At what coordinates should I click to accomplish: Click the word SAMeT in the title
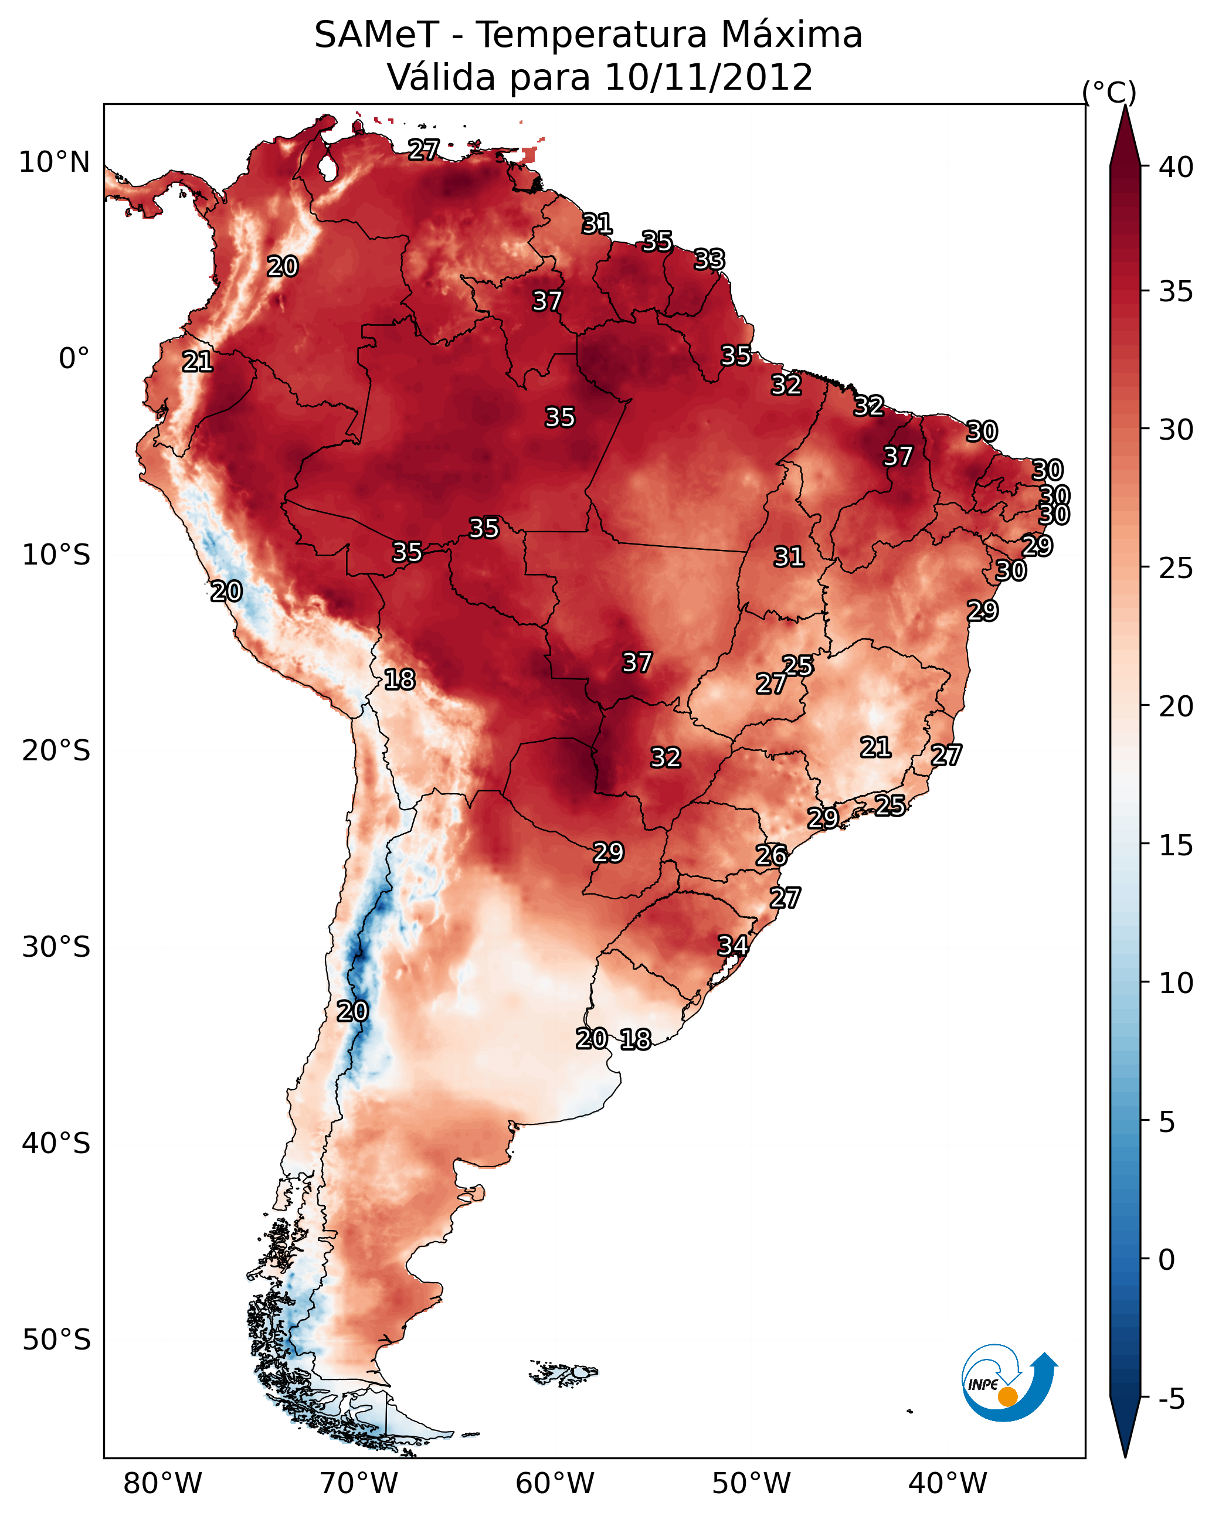[376, 35]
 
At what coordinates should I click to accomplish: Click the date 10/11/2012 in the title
[708, 77]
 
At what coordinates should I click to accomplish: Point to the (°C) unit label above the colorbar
[1109, 92]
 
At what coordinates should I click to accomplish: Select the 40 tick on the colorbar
[1176, 167]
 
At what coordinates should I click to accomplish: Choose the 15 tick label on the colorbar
[1176, 845]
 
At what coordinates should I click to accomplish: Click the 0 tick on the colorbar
[1166, 1259]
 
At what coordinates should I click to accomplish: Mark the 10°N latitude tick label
[54, 162]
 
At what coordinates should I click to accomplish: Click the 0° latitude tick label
[74, 359]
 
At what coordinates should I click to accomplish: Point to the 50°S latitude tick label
[56, 1340]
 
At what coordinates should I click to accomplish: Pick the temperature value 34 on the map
[732, 945]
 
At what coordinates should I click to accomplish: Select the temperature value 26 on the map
[771, 855]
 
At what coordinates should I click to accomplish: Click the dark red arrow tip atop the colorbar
[1125, 134]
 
